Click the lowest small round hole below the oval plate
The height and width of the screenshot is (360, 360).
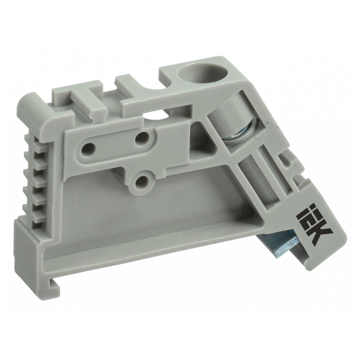click(x=140, y=182)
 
